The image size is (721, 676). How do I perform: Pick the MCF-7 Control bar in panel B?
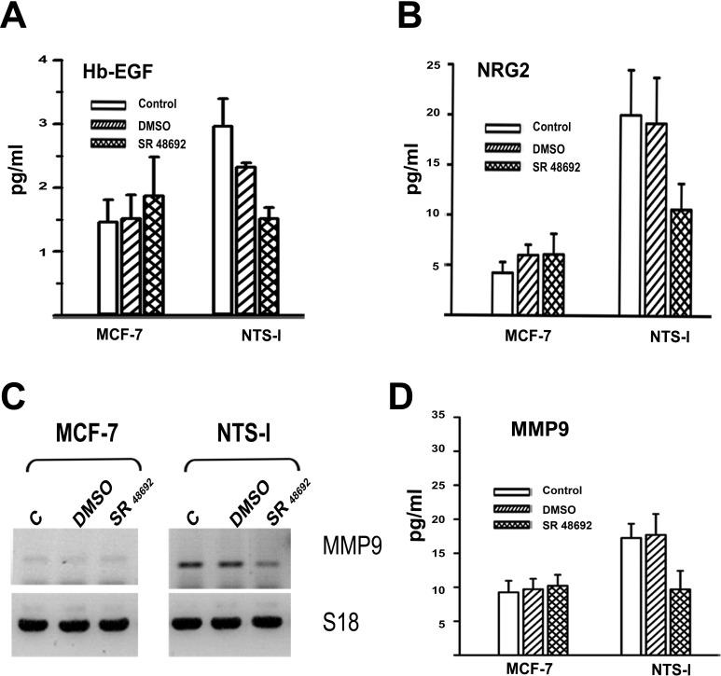pyautogui.click(x=502, y=293)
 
